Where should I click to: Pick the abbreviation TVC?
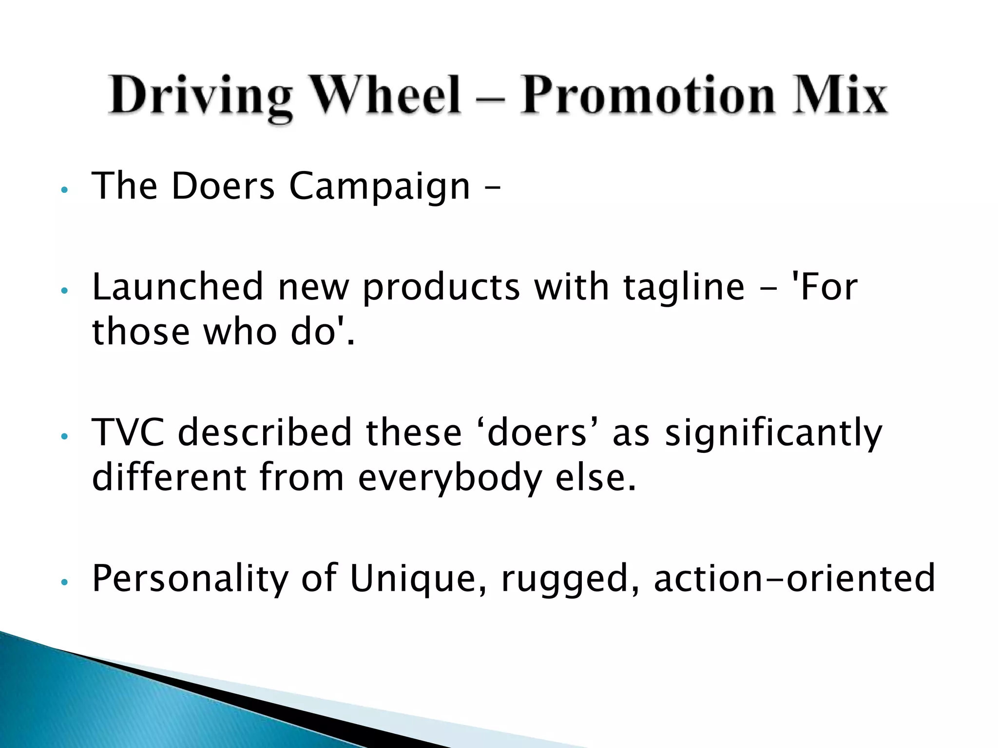pyautogui.click(x=128, y=432)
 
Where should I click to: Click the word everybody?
pyautogui.click(x=450, y=479)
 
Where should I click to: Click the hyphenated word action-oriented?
pyautogui.click(x=794, y=578)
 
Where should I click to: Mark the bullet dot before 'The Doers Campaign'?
pyautogui.click(x=63, y=189)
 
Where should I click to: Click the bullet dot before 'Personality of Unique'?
pyautogui.click(x=63, y=581)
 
